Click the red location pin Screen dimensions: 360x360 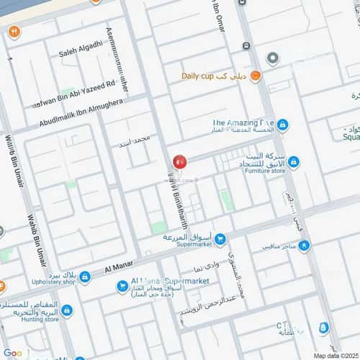click(x=179, y=163)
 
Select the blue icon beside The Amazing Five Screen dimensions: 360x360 click(x=283, y=125)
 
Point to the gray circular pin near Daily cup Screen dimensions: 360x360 click(x=272, y=58)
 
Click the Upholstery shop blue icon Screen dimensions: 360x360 click(x=85, y=276)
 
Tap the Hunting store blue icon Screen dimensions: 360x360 click(x=67, y=310)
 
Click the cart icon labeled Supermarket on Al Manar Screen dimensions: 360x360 click(x=220, y=238)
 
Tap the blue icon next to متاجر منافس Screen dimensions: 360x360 click(x=305, y=246)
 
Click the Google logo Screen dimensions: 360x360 click(x=13, y=353)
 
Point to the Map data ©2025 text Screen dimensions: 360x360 click(x=334, y=356)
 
